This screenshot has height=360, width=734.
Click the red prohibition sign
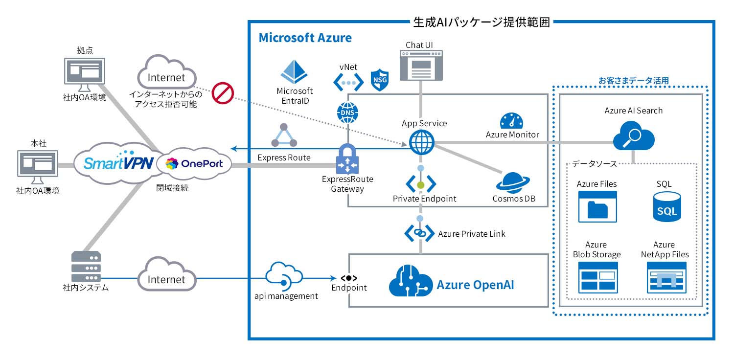223,93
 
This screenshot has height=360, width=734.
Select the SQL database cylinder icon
667,206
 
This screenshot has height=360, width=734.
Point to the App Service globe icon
421,143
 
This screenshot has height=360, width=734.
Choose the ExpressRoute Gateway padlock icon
347,159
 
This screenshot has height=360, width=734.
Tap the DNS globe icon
347,113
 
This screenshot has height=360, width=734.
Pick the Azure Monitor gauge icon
512,121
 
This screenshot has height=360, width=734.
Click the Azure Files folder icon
597,206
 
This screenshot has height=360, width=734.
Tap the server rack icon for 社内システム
86,267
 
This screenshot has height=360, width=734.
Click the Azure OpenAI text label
475,285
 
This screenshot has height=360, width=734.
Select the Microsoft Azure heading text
305,38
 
